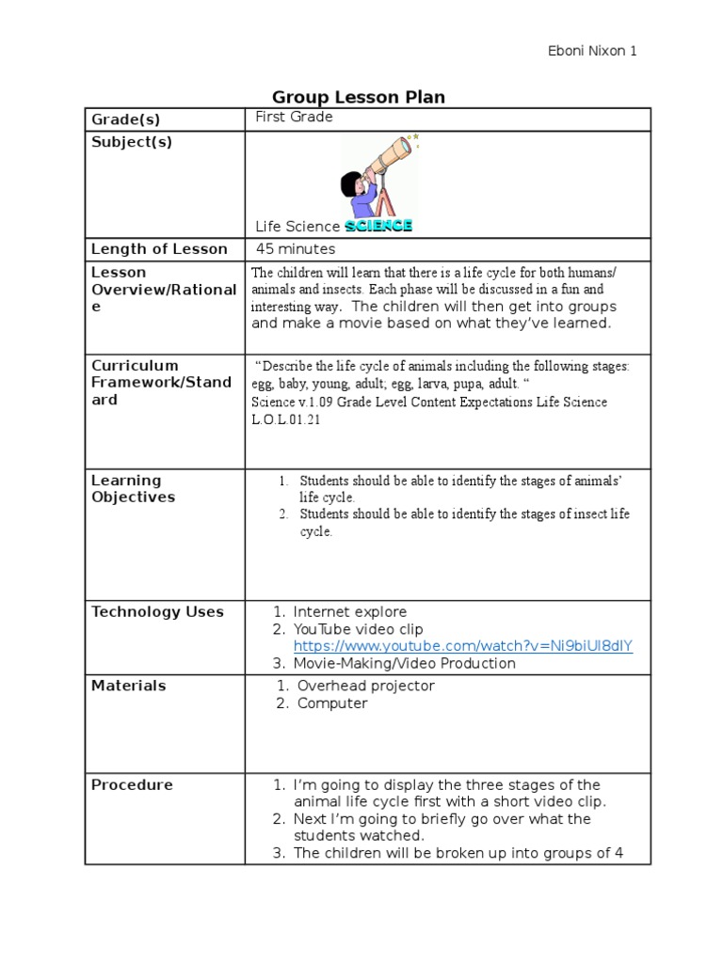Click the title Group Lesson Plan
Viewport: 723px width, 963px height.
pos(358,97)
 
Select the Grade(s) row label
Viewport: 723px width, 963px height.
pos(125,119)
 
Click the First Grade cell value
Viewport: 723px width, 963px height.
pos(294,118)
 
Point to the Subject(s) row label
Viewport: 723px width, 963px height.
pos(131,142)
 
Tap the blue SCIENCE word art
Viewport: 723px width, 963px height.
pos(378,226)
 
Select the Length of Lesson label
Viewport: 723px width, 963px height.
pos(159,249)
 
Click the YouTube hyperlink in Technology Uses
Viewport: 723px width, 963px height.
pos(463,646)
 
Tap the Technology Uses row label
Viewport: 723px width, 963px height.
pos(157,612)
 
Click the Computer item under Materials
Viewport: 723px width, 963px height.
pos(332,703)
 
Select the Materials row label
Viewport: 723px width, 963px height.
pos(128,686)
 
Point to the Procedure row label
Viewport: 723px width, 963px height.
pos(132,785)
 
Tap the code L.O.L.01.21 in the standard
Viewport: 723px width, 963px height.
pos(286,419)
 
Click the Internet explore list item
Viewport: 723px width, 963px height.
pos(349,612)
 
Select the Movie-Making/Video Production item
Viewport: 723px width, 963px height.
pos(404,663)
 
